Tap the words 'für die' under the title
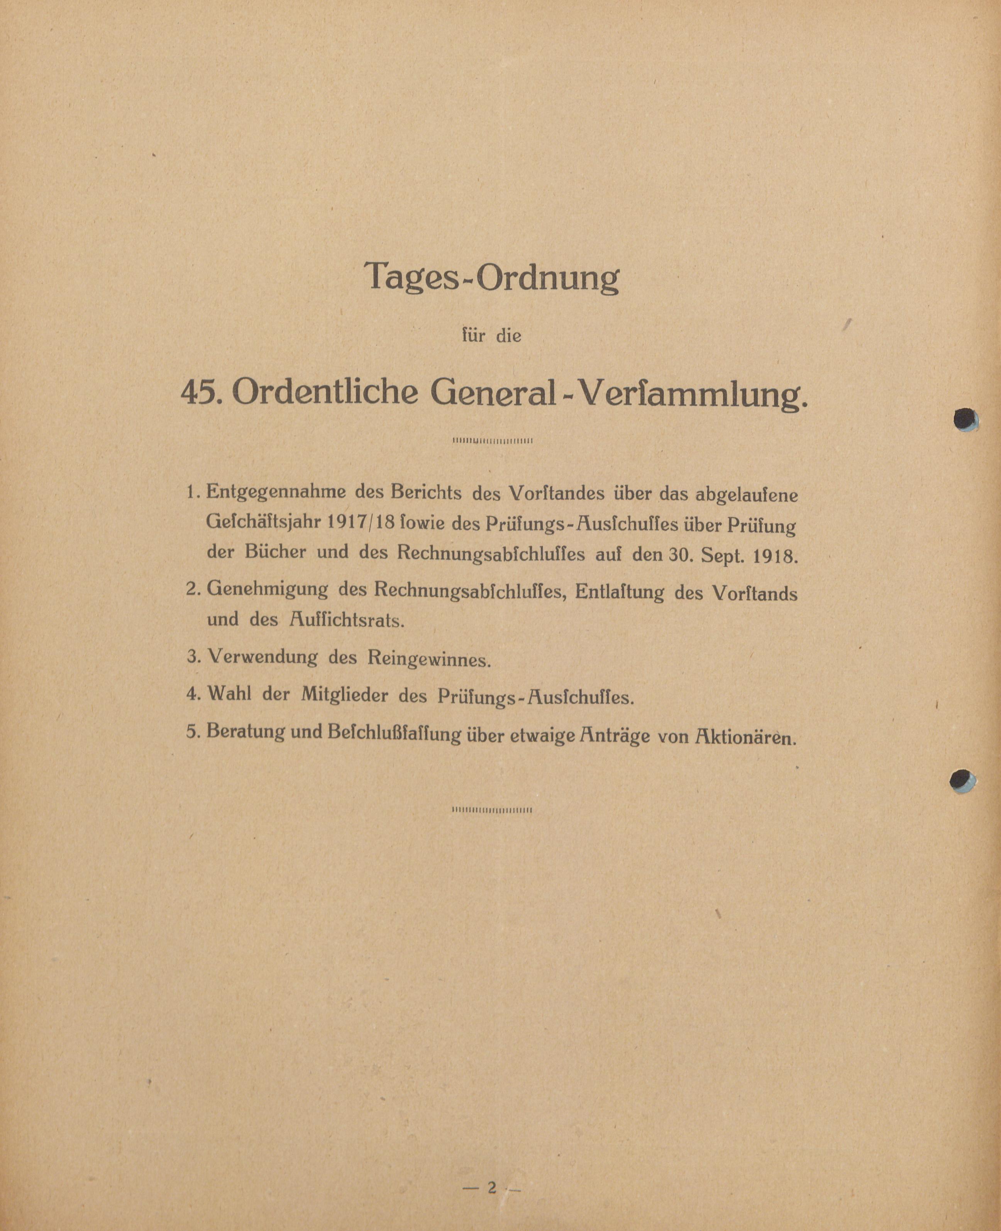(x=492, y=336)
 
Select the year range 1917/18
(x=360, y=523)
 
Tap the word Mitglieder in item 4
(x=344, y=695)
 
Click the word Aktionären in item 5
(x=745, y=739)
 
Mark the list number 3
(x=193, y=657)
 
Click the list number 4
(x=193, y=693)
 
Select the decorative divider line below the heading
(x=492, y=441)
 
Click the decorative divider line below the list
(x=492, y=810)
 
